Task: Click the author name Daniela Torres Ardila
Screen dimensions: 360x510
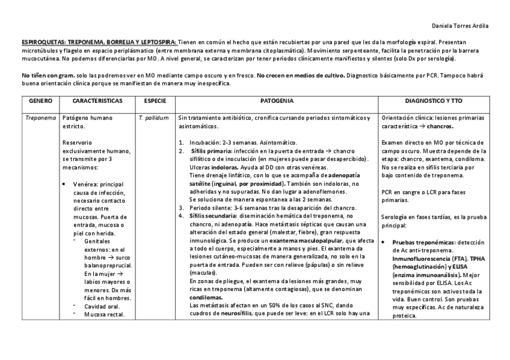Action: [460, 26]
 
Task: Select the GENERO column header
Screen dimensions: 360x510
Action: [40, 102]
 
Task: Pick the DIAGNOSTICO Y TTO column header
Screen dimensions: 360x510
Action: [438, 102]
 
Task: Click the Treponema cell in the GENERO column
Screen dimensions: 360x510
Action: [41, 118]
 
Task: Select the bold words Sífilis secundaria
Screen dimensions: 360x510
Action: [213, 215]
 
